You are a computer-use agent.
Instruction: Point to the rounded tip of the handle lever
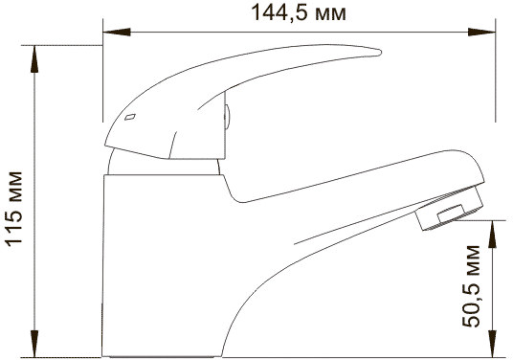point(368,55)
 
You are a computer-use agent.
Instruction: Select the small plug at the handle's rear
point(228,119)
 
